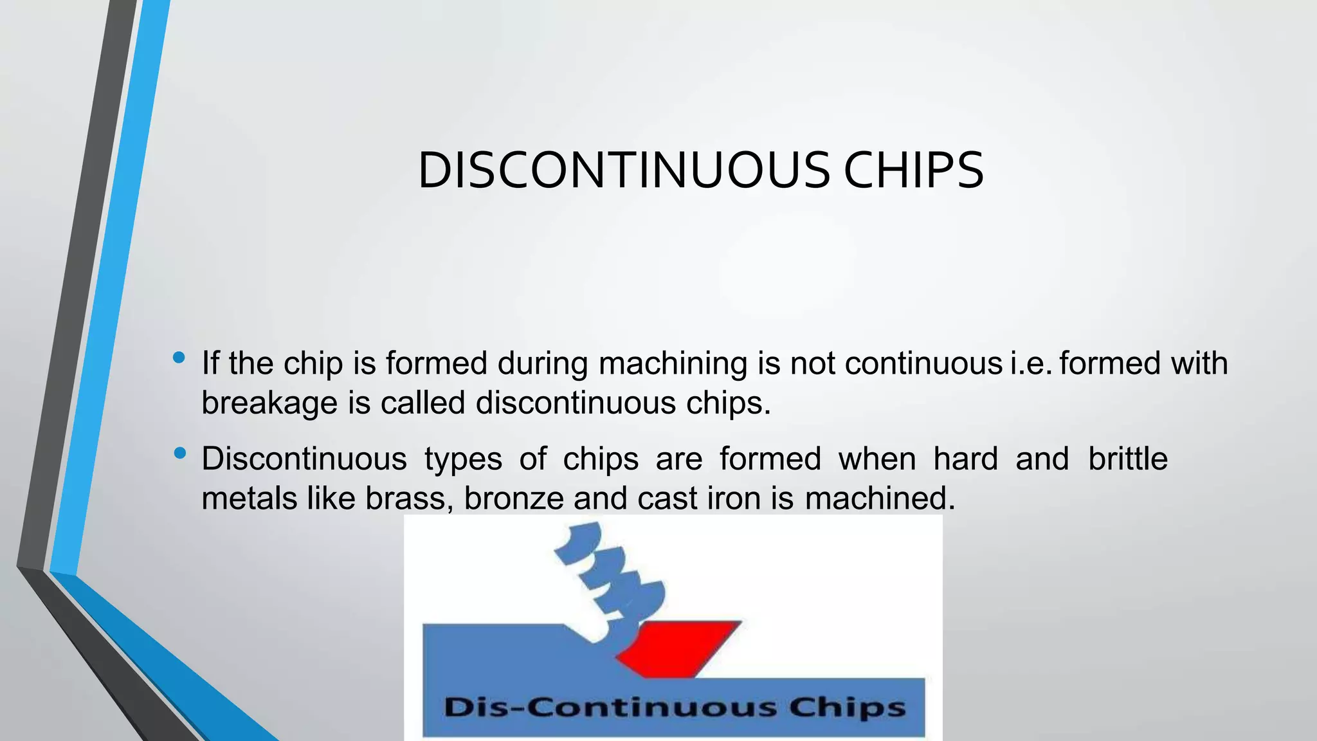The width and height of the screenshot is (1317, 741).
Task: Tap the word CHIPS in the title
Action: point(913,170)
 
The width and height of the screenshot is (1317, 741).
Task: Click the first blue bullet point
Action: point(179,358)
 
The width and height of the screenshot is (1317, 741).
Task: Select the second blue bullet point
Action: point(179,453)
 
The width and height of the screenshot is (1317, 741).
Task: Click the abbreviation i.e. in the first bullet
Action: point(1031,363)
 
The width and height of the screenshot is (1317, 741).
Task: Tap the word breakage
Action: point(269,403)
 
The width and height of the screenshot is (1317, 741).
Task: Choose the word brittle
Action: point(1127,459)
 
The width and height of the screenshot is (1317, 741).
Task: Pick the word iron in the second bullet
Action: point(734,499)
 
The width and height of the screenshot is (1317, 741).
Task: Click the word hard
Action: point(965,459)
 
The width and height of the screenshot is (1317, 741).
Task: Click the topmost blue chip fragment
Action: point(579,540)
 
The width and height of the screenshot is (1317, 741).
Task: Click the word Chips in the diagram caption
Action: point(847,708)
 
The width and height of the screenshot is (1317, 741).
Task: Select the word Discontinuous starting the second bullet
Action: point(304,459)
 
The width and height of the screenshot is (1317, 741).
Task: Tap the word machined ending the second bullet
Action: point(879,499)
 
